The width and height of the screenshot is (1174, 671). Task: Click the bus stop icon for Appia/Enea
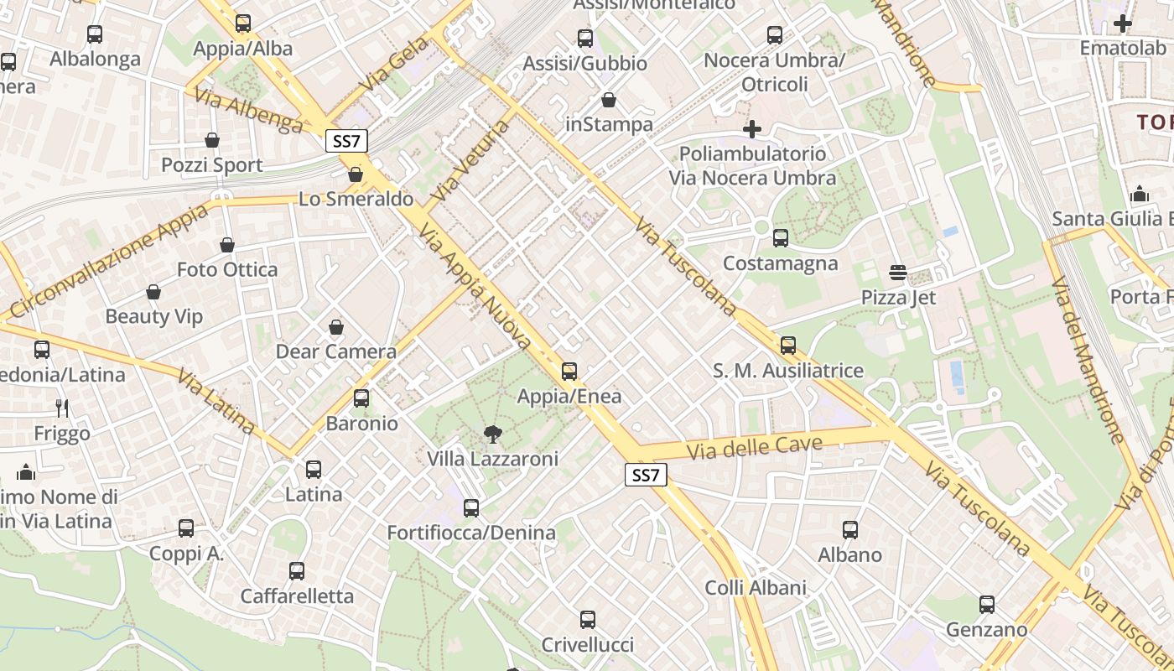(569, 371)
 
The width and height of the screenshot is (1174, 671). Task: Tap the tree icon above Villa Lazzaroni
(493, 434)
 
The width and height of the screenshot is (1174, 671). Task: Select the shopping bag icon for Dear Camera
(336, 327)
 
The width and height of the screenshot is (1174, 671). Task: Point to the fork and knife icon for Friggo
(62, 408)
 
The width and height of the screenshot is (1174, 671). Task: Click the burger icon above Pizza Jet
(898, 273)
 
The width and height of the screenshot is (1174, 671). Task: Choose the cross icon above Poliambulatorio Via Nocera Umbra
(752, 129)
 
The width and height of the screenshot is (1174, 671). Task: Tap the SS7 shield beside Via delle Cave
(646, 476)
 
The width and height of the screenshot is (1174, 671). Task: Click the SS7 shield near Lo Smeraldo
(346, 141)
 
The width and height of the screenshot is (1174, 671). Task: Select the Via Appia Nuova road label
(475, 286)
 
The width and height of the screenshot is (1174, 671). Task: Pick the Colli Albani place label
(756, 588)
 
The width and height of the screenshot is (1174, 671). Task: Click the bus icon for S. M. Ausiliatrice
(787, 346)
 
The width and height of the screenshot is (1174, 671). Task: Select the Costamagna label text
(781, 263)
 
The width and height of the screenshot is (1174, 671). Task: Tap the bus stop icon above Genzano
(987, 605)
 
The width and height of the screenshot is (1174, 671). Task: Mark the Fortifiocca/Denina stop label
(471, 533)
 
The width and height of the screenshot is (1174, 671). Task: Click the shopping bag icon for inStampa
(609, 101)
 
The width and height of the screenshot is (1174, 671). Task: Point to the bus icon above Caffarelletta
(297, 571)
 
